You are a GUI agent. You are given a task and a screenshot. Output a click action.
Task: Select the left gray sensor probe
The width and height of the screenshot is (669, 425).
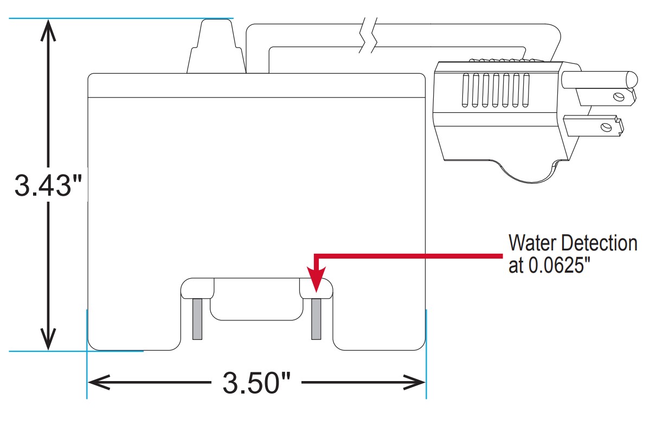[197, 319]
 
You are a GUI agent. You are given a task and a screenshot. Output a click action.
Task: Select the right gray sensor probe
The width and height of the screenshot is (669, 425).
[316, 319]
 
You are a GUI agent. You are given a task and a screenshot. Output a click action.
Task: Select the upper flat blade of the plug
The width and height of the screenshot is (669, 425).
[604, 97]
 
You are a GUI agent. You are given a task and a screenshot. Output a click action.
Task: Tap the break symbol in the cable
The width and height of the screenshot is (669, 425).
[367, 36]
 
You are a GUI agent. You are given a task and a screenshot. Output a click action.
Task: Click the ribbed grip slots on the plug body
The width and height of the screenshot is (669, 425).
[494, 89]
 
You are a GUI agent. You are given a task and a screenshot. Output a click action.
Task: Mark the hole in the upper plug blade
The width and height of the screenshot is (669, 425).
[617, 97]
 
